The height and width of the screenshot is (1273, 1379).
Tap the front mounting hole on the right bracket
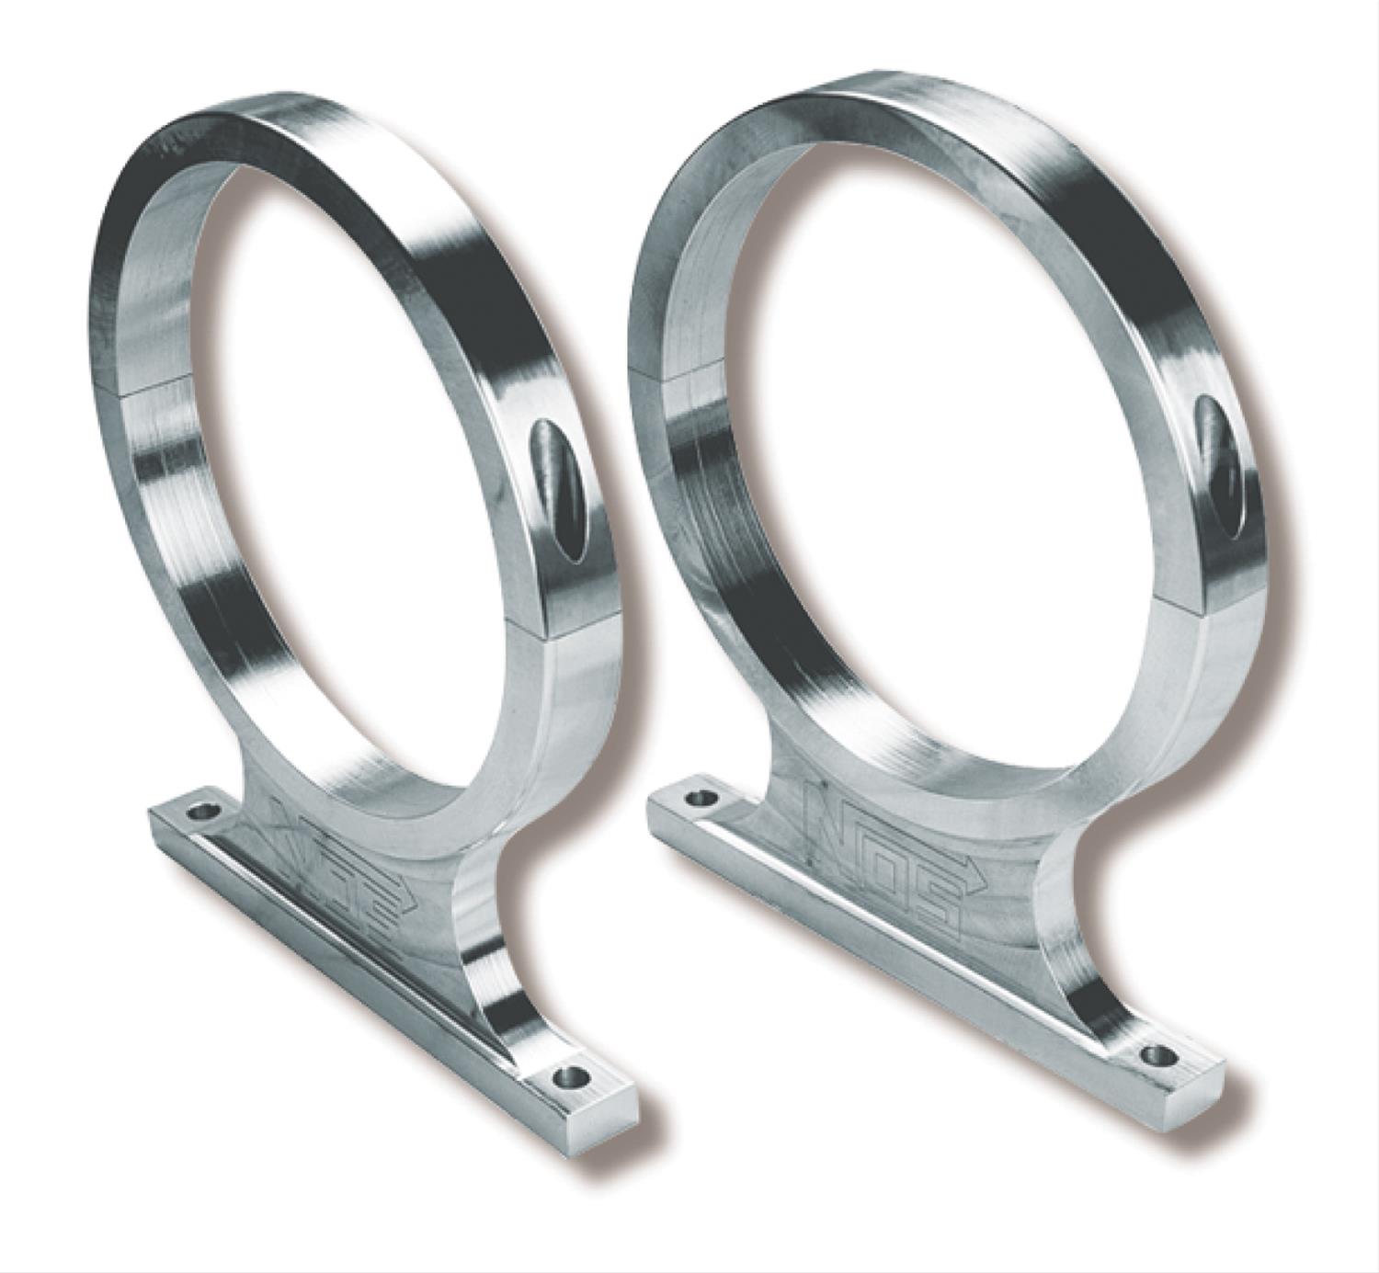pos(1162,1056)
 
